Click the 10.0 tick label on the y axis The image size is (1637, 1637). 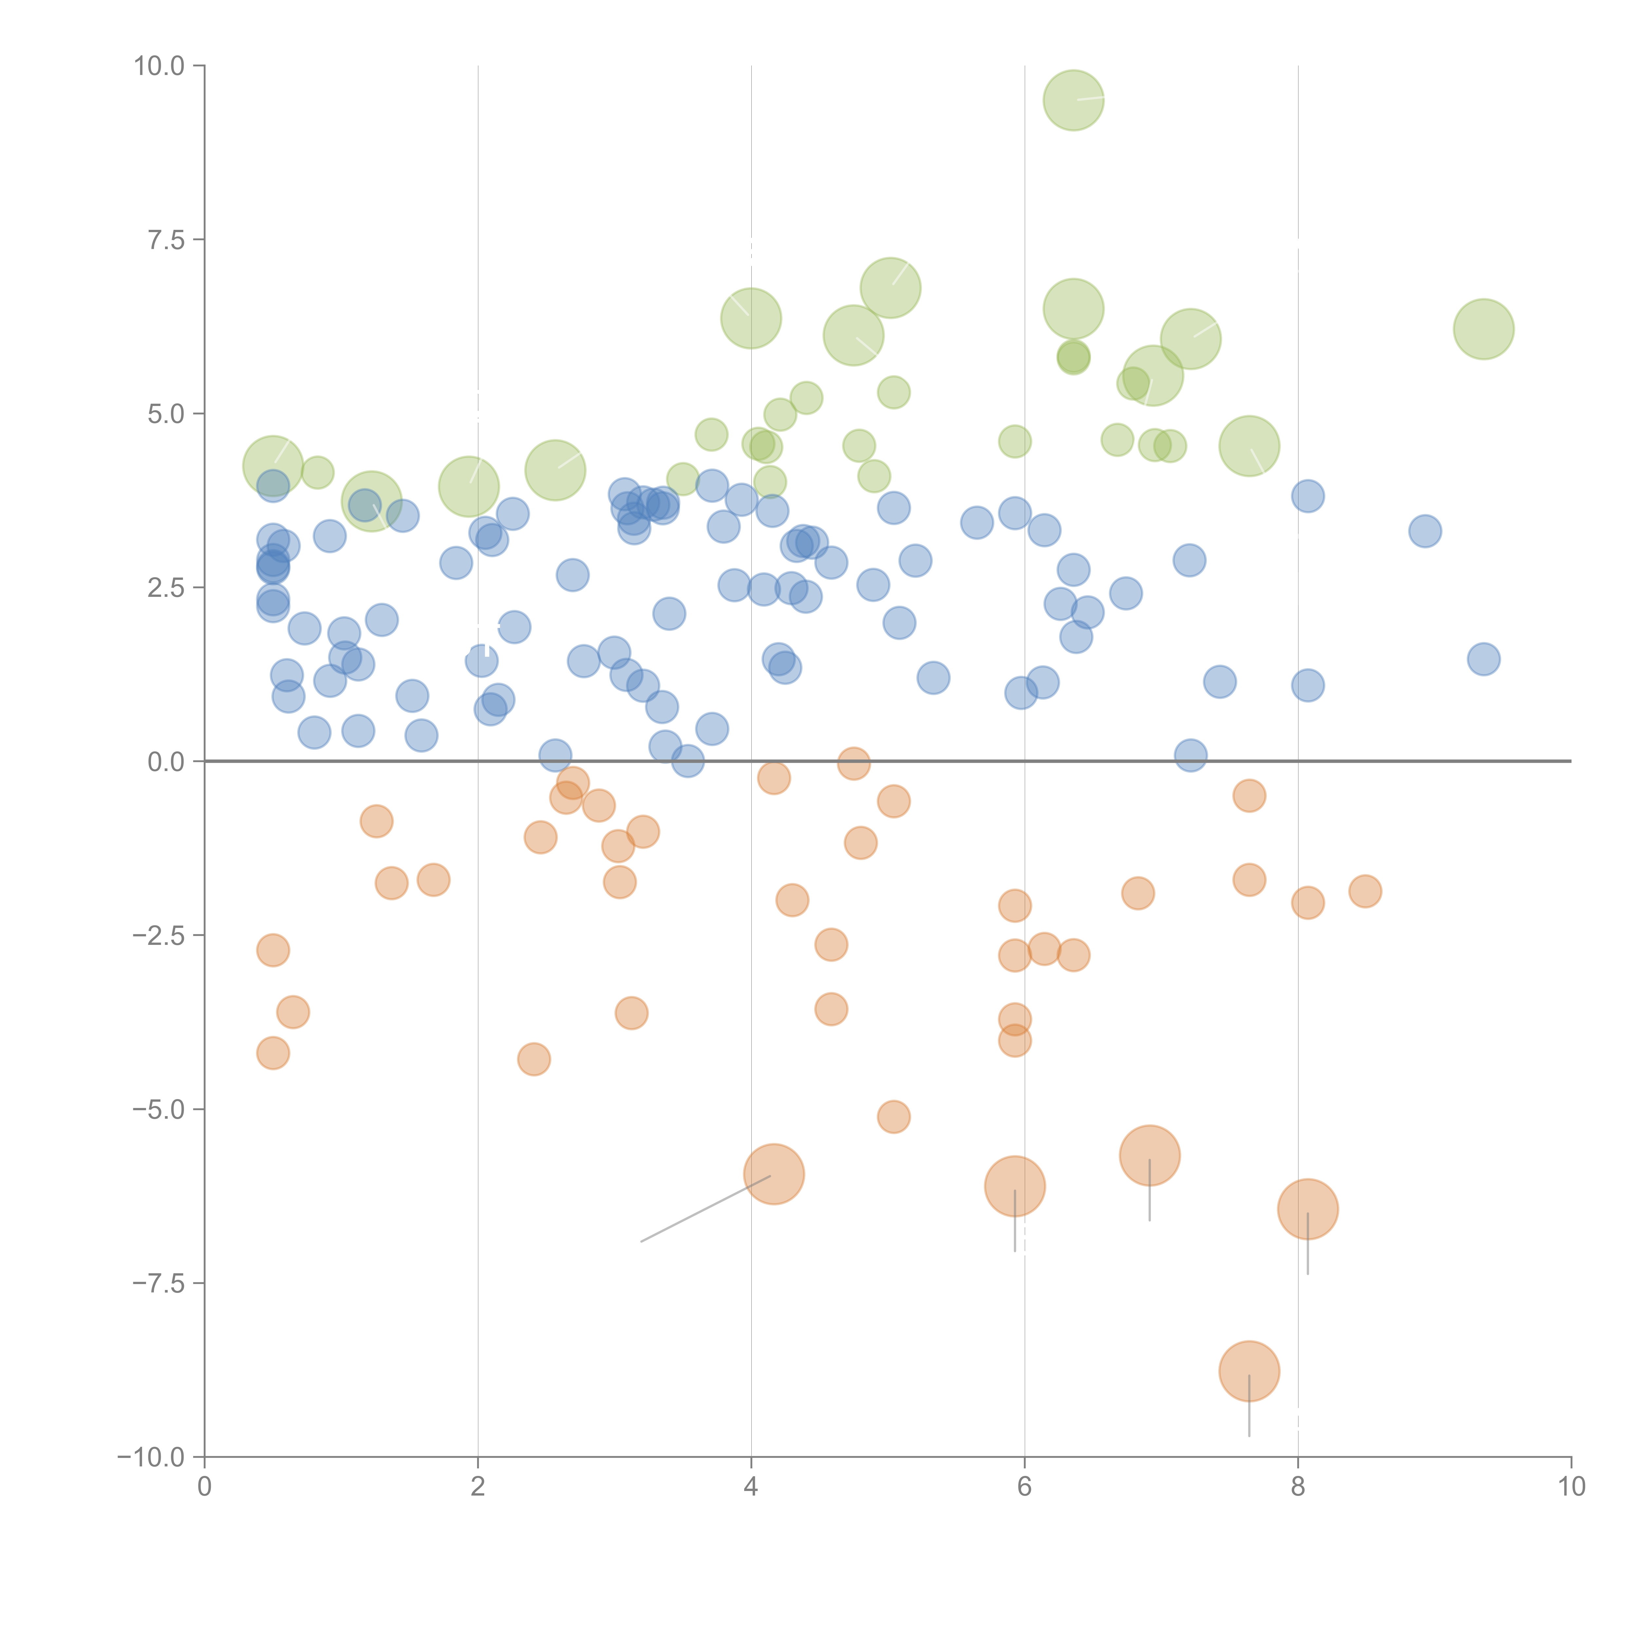[159, 66]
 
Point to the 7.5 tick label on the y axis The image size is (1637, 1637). [166, 240]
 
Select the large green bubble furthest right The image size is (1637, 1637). [1484, 329]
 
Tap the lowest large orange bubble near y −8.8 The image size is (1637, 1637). [1249, 1371]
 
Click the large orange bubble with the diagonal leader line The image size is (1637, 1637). [774, 1173]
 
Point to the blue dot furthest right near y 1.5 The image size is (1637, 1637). [1484, 658]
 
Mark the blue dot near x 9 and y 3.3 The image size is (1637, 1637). [1425, 531]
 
